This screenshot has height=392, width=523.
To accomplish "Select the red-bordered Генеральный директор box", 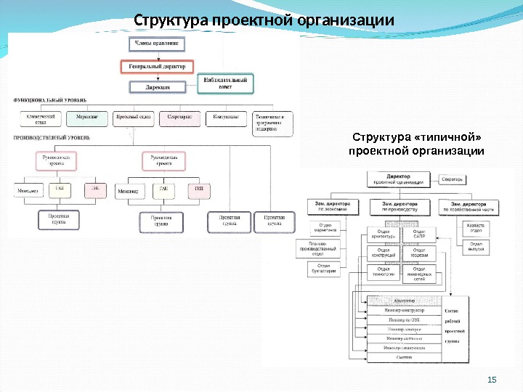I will pos(157,66).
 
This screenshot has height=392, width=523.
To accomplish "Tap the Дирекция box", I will pos(157,86).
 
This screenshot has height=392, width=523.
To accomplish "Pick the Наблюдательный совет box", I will pos(225,83).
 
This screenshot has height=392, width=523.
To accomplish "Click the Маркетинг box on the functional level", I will pos(86,118).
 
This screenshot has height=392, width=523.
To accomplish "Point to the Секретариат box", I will pos(179,118).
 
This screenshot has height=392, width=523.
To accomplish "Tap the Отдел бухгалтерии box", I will pos(324,269).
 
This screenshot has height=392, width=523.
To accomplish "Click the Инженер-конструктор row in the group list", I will pos(404,310).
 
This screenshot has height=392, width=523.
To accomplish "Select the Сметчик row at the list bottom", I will pos(404,357).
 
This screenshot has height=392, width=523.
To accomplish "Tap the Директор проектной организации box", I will pos(398,179).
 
